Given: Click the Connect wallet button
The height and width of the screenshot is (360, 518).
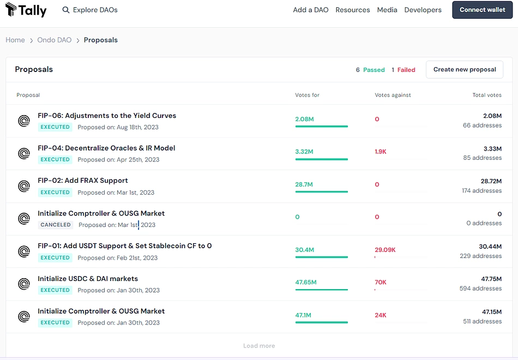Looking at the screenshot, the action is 483,10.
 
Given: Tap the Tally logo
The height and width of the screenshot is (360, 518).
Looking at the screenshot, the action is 26,10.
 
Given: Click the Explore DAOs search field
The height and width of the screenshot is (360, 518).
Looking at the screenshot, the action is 90,10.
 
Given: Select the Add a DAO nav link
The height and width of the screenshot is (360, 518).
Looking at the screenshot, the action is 311,10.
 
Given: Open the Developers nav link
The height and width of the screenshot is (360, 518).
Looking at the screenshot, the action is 423,10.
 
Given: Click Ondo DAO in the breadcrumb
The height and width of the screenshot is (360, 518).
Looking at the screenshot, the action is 54,40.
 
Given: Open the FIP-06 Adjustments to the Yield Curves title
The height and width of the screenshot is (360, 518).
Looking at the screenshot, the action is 107,116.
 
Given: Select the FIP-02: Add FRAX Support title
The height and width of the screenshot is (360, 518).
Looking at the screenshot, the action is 82,181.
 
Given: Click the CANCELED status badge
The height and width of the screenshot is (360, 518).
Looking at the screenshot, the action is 56,225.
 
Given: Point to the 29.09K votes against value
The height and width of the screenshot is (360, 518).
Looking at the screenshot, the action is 385,250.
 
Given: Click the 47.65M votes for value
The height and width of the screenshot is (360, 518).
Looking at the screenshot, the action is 306,283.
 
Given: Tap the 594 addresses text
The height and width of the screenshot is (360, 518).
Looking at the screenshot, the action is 481,288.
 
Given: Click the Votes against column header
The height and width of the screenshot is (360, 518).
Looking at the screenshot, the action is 393,95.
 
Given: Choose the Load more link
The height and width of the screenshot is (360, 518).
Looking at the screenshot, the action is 259,346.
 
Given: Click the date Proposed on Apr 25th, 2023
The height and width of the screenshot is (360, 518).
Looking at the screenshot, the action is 118,160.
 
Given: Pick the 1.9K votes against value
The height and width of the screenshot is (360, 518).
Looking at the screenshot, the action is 380,152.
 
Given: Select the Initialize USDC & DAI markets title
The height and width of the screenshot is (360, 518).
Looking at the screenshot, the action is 88,279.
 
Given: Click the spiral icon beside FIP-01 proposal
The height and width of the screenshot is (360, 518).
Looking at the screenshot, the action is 24,251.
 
